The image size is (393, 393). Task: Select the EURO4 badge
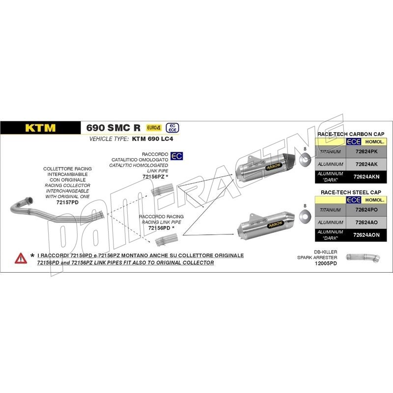tap(155, 127)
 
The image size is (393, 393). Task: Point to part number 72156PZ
tap(153, 176)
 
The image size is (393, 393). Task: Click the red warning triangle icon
tap(20, 257)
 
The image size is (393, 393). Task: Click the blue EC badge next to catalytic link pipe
tap(177, 156)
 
